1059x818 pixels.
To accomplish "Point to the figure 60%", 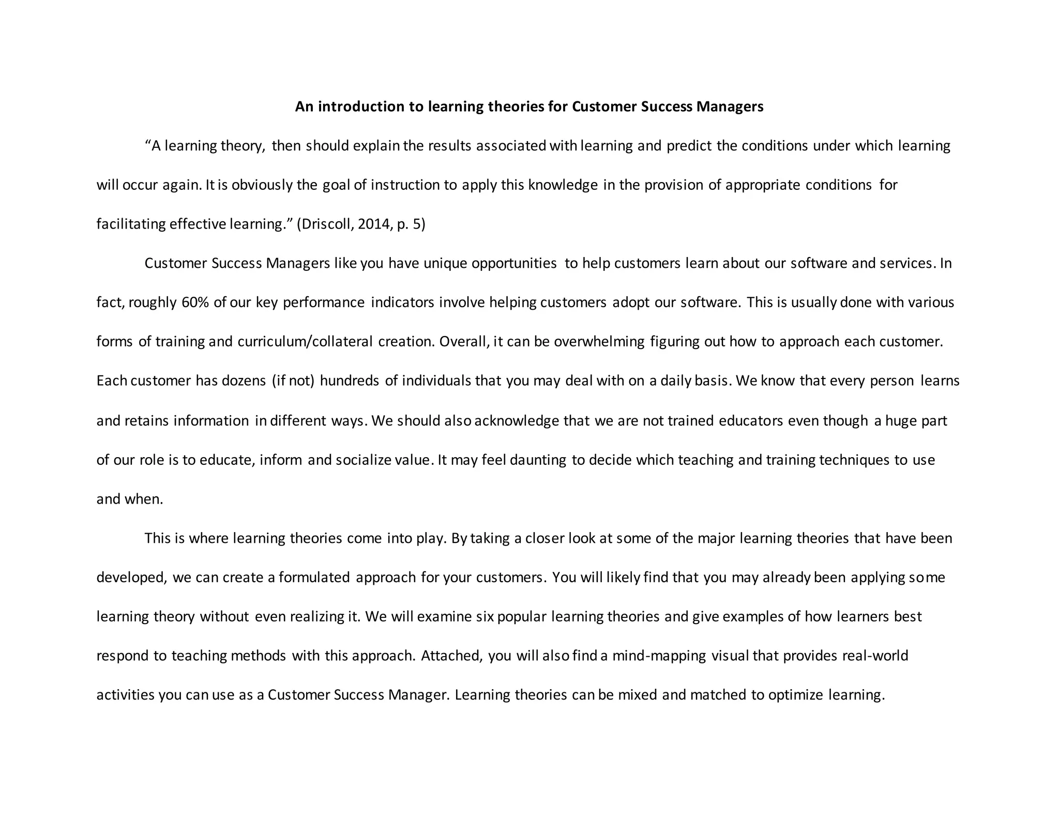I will coord(195,302).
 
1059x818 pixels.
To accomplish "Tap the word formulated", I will coord(314,578).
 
